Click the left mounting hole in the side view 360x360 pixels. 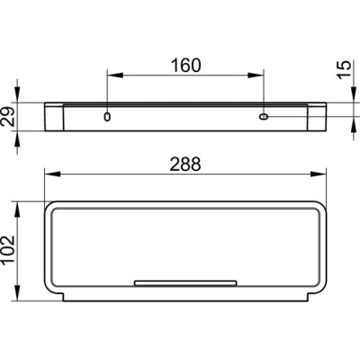[x=107, y=117]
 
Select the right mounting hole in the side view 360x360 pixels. [x=264, y=117]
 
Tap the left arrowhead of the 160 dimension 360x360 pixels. [x=112, y=77]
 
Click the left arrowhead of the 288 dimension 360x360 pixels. [x=49, y=175]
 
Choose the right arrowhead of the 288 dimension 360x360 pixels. [x=321, y=175]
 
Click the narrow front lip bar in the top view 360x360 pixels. [x=185, y=282]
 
